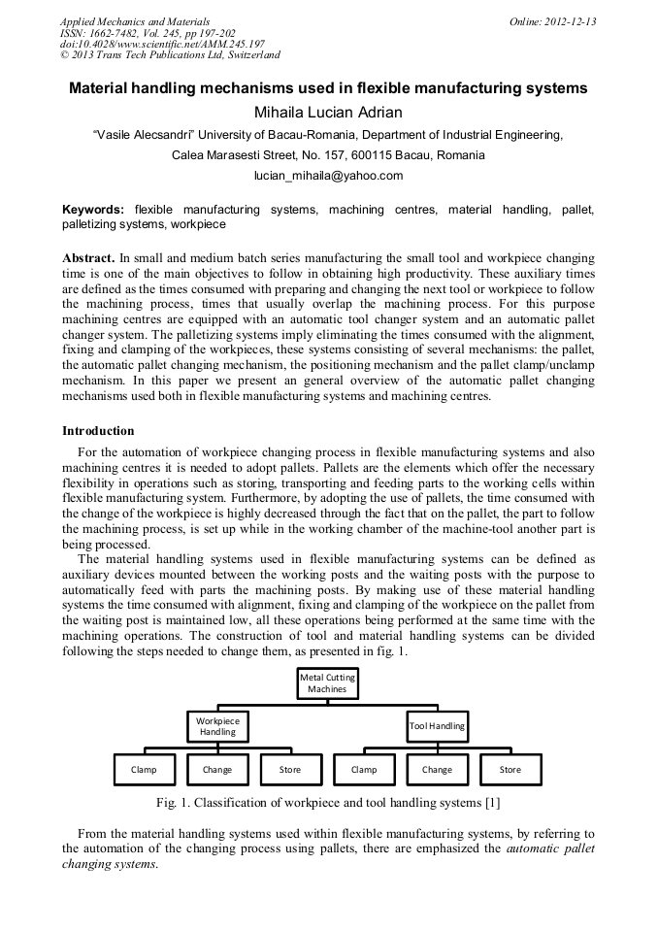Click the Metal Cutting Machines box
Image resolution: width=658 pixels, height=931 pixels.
pos(327,682)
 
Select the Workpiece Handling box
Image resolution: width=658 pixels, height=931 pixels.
pos(217,726)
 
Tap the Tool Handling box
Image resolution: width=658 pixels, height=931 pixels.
pos(437,725)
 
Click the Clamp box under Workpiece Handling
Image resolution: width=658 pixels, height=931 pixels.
pos(144,769)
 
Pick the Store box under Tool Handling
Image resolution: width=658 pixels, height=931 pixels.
pos(510,769)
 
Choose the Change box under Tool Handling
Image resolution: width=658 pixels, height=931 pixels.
pos(437,769)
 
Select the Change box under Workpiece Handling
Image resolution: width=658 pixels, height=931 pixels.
pos(217,769)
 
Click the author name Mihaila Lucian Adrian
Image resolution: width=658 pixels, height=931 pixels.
pos(328,112)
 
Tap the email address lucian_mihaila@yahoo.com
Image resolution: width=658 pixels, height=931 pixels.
pos(328,176)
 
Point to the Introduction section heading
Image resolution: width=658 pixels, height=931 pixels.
pos(98,430)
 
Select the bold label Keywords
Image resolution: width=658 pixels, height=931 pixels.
pos(93,210)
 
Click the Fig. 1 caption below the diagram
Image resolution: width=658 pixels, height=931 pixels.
pos(328,802)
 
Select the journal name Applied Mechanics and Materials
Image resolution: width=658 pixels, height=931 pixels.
pos(135,21)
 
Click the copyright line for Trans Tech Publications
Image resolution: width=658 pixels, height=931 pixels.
pos(170,56)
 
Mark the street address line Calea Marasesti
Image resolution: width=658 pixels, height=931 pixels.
pos(328,155)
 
